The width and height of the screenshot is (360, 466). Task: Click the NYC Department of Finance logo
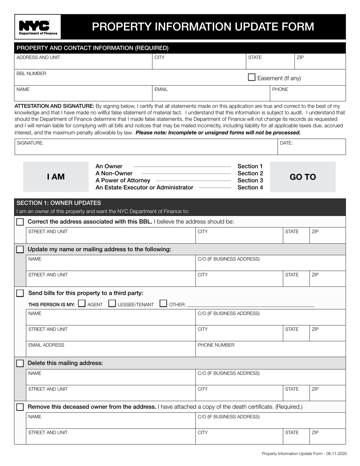38,27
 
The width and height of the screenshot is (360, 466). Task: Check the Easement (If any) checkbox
252,77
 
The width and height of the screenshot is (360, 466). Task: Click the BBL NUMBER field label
31,73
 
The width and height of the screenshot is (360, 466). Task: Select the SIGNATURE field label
30,143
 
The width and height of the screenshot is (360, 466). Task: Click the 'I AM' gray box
56,177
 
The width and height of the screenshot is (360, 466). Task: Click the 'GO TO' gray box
302,177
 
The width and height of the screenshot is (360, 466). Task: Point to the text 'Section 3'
250,180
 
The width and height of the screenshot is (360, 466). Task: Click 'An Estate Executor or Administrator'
144,188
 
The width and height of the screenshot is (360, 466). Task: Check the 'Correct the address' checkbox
20,222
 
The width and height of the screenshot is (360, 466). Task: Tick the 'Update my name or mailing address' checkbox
20,249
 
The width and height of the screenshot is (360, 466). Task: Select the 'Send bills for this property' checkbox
20,293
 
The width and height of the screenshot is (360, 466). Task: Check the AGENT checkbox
81,303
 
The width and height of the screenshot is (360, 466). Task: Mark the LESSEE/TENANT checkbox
112,303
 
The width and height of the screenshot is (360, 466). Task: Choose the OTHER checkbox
163,303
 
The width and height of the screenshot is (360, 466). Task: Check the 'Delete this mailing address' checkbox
20,363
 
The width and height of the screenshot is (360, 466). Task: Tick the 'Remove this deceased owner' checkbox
20,407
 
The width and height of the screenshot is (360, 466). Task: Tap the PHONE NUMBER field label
216,345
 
